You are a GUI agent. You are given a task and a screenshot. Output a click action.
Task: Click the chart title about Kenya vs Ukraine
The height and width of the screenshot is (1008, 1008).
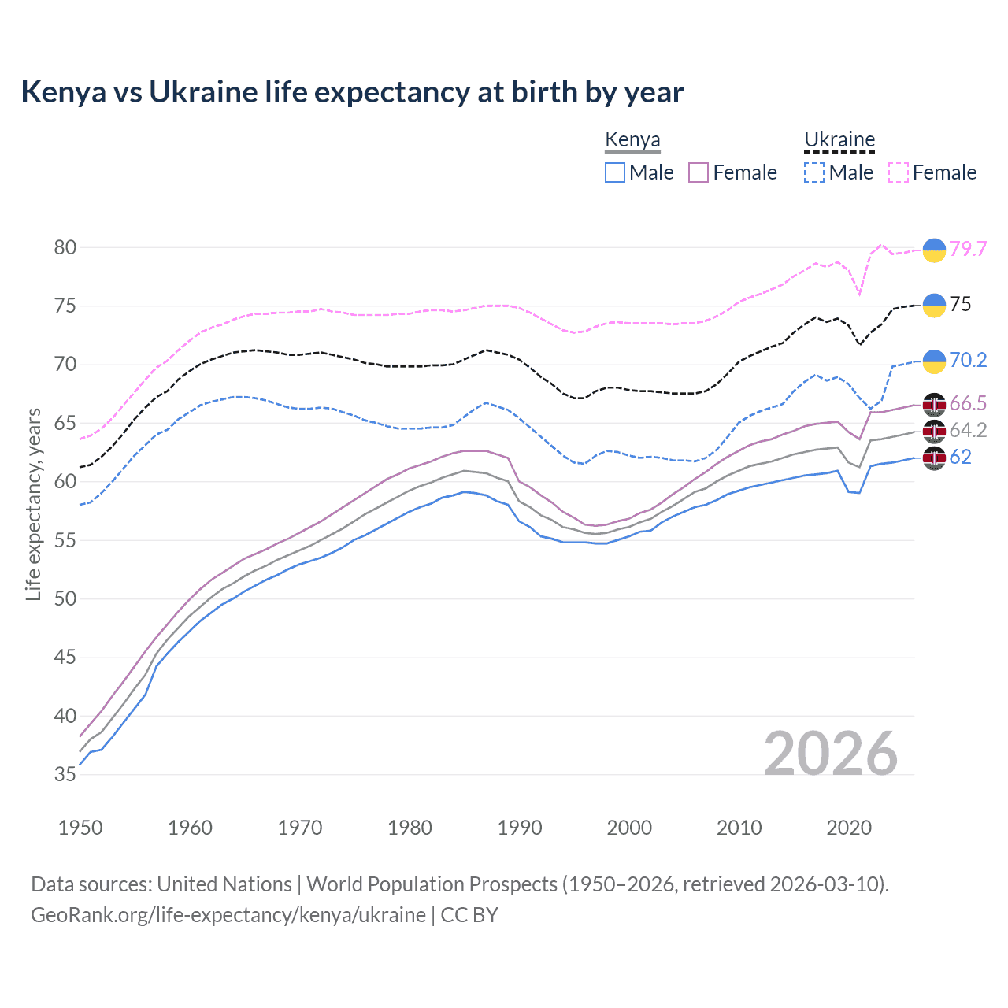(x=352, y=92)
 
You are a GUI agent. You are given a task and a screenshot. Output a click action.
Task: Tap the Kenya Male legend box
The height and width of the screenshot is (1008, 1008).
(x=615, y=172)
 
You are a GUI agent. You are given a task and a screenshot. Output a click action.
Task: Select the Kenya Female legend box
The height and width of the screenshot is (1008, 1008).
(x=699, y=172)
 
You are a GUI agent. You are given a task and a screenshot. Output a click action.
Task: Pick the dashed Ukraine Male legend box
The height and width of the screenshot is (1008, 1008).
(x=814, y=172)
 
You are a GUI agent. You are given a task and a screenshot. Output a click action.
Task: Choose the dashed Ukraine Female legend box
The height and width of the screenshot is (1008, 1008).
(x=899, y=172)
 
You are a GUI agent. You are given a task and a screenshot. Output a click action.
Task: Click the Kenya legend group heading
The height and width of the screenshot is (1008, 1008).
(x=632, y=140)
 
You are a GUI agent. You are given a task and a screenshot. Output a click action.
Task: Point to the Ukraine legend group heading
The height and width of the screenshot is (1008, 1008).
(x=839, y=140)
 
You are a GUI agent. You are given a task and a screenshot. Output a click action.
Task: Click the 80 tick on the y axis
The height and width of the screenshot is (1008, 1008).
(x=65, y=247)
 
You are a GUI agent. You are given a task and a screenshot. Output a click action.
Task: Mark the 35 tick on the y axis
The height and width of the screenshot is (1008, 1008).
(x=65, y=774)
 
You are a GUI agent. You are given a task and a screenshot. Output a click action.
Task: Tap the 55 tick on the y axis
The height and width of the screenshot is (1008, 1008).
(x=65, y=540)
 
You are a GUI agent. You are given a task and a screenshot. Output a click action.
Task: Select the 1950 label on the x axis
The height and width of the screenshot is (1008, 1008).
(x=80, y=828)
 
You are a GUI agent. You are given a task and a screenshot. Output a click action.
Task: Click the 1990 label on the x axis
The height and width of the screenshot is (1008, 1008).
(x=520, y=828)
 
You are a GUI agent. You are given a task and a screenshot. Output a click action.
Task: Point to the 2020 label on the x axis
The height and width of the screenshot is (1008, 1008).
(x=849, y=828)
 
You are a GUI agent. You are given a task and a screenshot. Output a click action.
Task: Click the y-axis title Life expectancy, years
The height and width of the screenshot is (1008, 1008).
(x=33, y=504)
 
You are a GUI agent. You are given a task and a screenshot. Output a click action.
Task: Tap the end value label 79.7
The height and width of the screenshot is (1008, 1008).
(x=968, y=249)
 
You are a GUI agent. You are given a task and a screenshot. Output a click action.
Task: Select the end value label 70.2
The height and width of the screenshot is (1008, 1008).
(x=968, y=361)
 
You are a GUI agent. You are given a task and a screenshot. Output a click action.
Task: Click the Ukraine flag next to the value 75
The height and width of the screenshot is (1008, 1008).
(x=934, y=305)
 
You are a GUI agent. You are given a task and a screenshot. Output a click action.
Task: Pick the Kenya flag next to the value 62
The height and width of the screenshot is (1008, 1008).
(x=934, y=458)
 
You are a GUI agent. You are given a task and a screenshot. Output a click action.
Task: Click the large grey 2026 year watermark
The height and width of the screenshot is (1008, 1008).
(x=831, y=754)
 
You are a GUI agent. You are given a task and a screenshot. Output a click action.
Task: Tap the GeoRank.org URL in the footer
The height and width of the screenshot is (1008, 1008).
(x=228, y=915)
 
